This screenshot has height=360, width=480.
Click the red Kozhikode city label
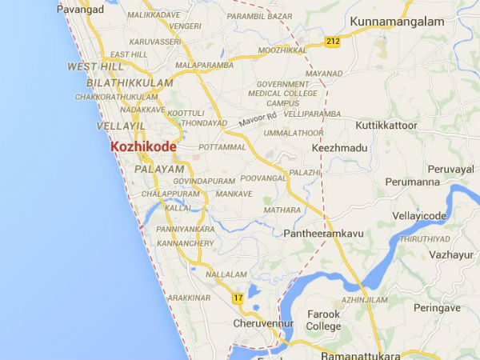click(x=143, y=148)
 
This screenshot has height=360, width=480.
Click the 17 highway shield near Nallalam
click(x=238, y=298)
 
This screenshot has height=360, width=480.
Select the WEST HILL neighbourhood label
click(x=97, y=66)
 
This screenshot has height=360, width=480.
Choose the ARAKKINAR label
click(x=190, y=298)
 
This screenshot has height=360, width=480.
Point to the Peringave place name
click(x=438, y=307)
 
